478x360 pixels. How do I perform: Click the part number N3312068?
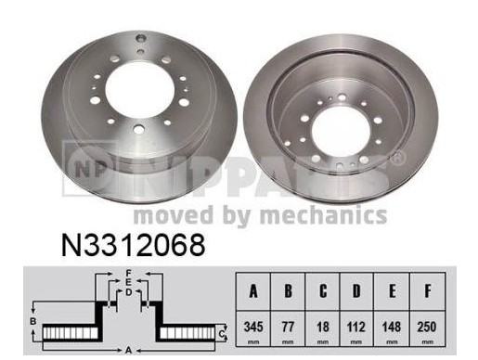coord(134,245)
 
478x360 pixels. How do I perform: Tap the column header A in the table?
coord(253,290)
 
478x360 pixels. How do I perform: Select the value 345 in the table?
coord(253,327)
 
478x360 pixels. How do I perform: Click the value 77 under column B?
coord(288,327)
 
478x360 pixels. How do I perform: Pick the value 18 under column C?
coord(323,327)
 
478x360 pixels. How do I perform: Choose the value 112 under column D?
coord(356,327)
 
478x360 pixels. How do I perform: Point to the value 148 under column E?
coord(392,327)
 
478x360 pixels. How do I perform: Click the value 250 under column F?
coord(427,327)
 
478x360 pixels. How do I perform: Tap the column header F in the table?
coord(428,290)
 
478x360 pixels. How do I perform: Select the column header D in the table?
coord(356,290)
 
